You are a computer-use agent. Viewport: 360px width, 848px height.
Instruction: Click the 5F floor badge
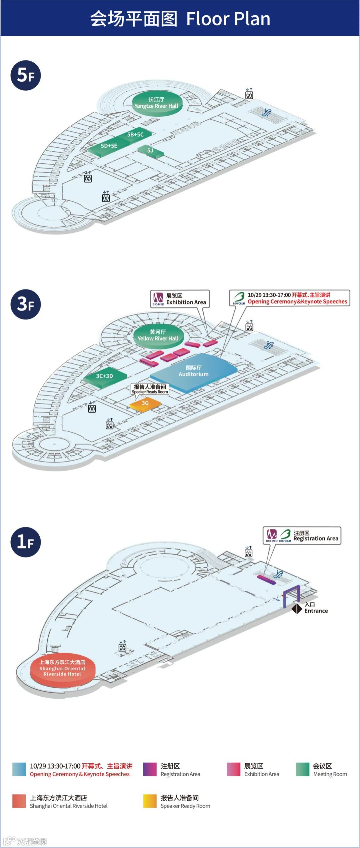click(26, 75)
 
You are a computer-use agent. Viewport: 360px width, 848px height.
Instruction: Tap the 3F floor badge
click(26, 304)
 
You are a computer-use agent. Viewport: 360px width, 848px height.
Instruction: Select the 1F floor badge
click(26, 542)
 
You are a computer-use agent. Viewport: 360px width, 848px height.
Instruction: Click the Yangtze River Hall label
click(156, 103)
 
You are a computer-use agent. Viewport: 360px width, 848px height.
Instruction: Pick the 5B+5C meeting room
click(136, 135)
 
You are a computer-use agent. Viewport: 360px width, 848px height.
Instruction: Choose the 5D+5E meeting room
click(109, 146)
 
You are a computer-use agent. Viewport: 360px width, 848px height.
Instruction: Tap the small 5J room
click(150, 151)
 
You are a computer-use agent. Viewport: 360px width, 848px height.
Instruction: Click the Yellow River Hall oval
click(158, 335)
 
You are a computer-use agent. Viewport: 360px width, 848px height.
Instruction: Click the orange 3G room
click(145, 403)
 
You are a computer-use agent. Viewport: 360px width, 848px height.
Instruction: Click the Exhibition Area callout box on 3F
click(180, 299)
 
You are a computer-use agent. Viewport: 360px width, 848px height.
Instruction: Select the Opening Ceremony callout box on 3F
click(289, 298)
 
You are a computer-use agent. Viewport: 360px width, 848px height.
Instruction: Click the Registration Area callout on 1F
click(302, 536)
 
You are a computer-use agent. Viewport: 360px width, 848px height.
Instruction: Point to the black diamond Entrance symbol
click(297, 609)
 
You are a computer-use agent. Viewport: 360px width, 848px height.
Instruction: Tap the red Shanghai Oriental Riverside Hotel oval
click(62, 668)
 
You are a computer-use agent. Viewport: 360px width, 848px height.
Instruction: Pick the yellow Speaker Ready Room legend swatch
click(150, 801)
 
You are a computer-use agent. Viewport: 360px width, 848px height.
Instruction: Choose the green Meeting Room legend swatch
click(302, 769)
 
